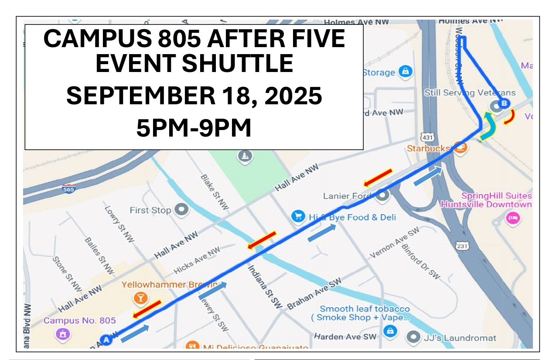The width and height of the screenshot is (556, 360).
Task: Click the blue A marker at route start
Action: [106, 339]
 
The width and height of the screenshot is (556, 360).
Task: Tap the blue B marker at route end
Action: [504, 103]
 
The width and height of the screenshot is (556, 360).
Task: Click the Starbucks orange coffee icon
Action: [460, 147]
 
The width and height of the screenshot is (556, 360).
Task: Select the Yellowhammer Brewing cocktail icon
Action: [140, 298]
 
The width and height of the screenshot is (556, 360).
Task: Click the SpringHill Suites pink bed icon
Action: [512, 217]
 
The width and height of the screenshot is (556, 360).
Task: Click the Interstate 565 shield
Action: [68, 189]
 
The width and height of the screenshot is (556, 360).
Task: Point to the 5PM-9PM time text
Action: [194, 128]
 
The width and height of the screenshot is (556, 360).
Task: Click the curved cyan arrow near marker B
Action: [489, 127]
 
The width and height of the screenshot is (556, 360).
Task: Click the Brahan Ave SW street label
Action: [314, 294]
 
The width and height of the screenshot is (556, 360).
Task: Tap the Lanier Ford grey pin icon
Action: [383, 195]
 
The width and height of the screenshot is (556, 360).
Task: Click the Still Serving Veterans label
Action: [470, 93]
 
